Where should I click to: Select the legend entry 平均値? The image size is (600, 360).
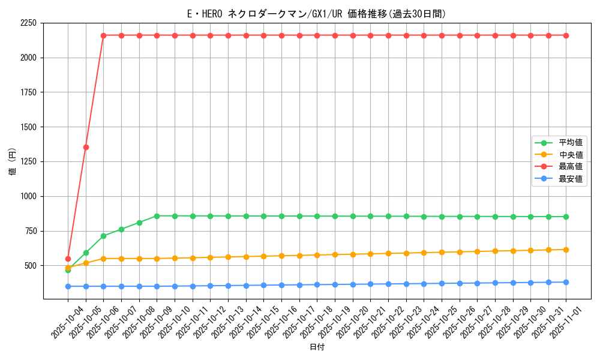[x=571, y=143]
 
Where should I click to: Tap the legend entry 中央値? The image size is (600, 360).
[x=571, y=155]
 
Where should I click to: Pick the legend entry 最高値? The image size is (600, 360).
[x=571, y=166]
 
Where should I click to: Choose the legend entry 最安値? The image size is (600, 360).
[x=571, y=178]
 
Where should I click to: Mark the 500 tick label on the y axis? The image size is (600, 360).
[x=31, y=266]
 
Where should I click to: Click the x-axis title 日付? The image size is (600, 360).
[x=317, y=347]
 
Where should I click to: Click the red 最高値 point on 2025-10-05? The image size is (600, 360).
[x=86, y=147]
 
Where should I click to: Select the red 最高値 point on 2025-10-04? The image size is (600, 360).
[x=68, y=259]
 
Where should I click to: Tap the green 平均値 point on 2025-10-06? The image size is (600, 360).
[x=103, y=236]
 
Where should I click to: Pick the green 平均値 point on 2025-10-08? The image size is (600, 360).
[x=139, y=223]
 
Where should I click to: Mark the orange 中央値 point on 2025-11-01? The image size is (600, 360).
[x=566, y=250]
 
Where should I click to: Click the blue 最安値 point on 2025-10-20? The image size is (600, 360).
[x=353, y=284]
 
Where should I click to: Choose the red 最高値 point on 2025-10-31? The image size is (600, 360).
[x=548, y=35]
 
